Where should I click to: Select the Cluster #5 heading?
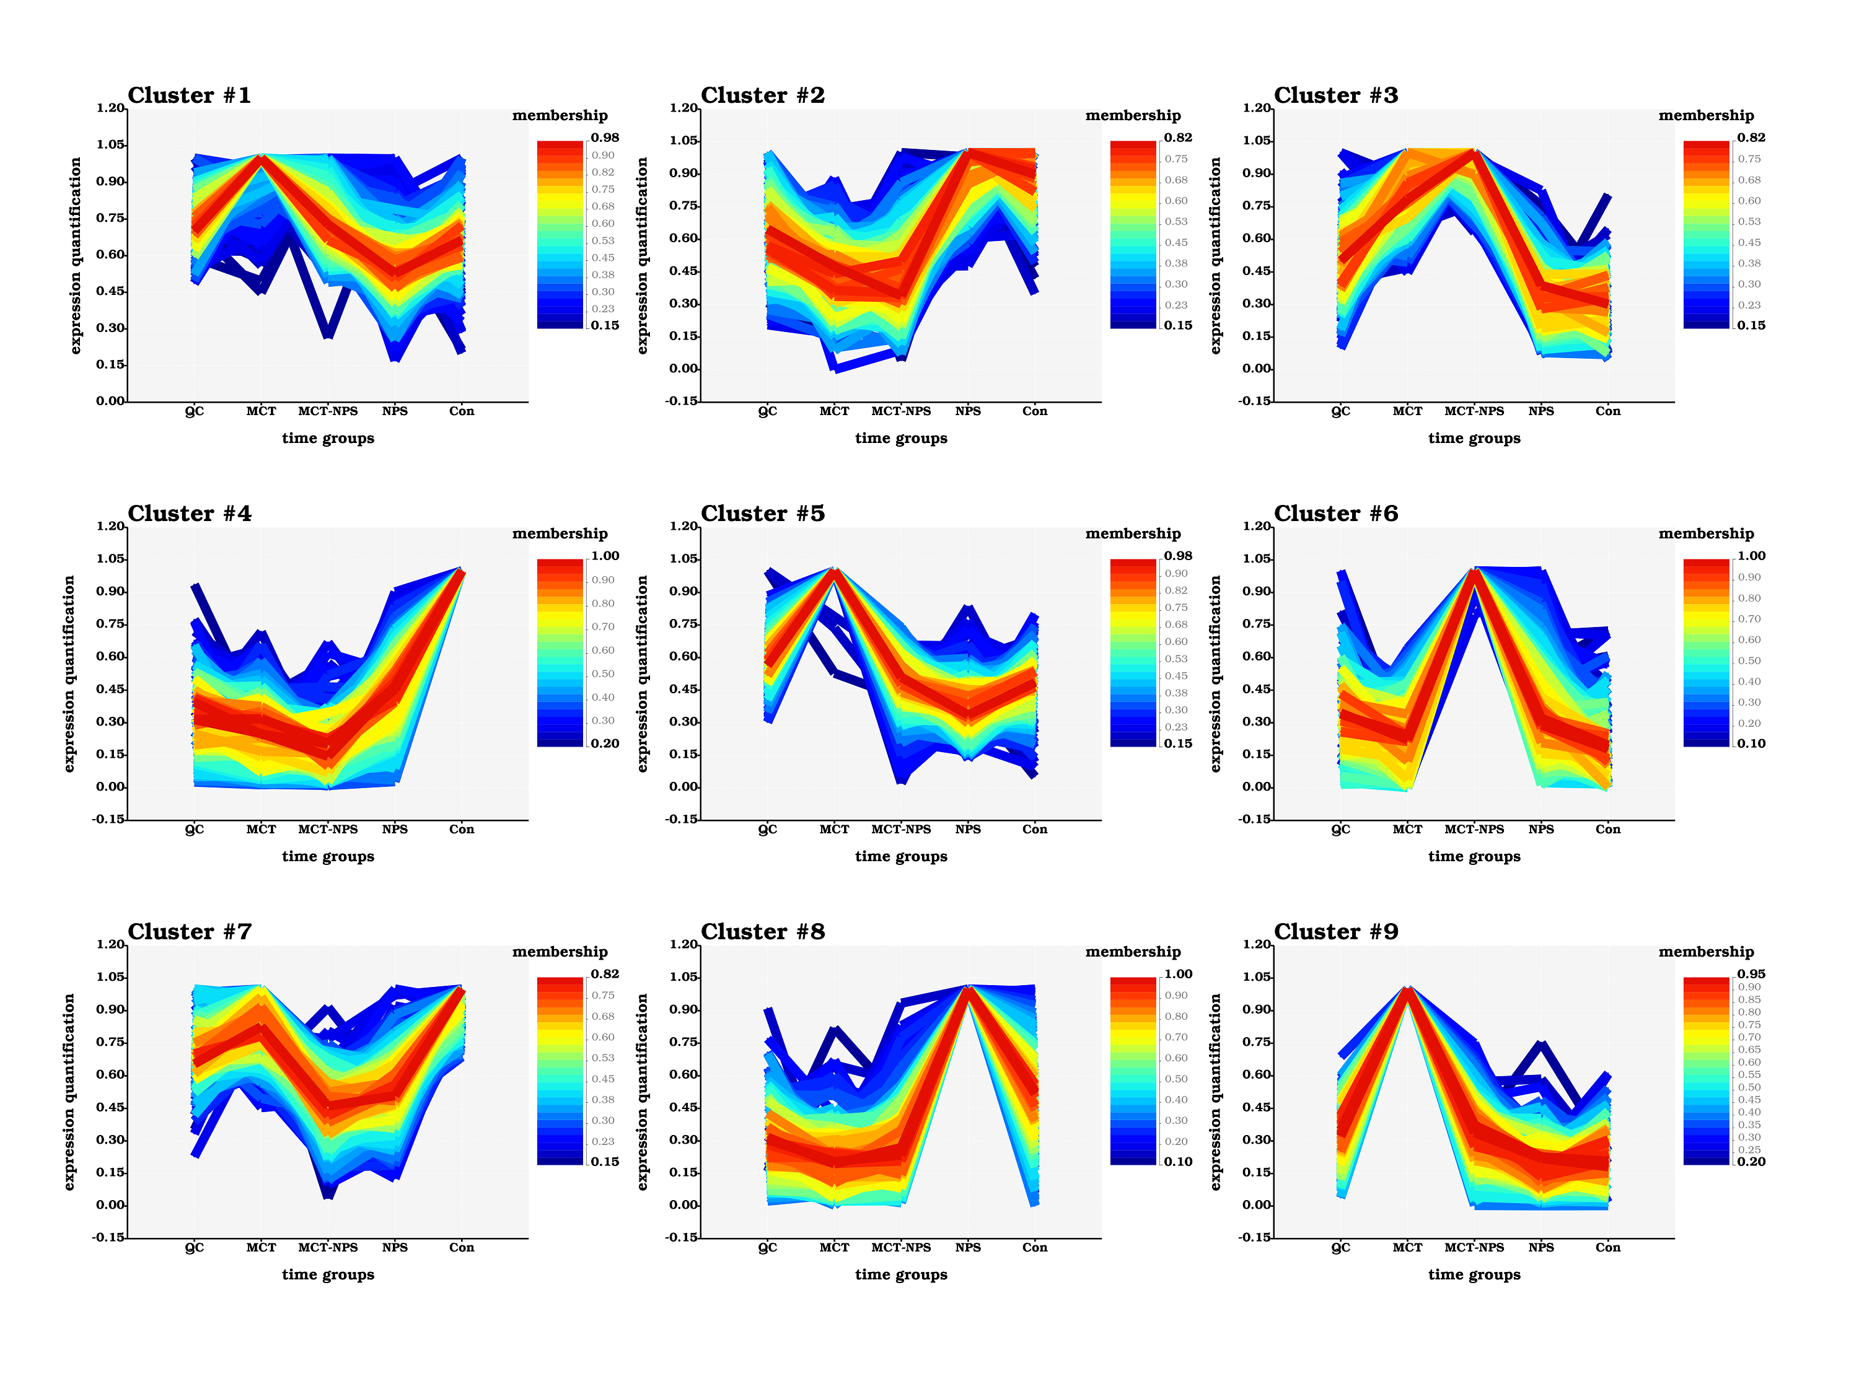(762, 514)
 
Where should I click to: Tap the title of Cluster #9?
(1335, 932)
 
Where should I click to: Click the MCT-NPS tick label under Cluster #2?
(901, 411)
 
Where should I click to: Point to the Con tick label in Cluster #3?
(1607, 411)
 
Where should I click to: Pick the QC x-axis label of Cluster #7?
(194, 1248)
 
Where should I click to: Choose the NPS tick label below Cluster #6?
(1541, 830)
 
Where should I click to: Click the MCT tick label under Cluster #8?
(835, 1248)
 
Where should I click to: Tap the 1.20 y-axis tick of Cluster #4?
(110, 526)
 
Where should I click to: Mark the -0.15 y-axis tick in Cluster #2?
(682, 401)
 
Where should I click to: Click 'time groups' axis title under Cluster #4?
(328, 856)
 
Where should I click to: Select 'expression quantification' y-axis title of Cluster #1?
(76, 255)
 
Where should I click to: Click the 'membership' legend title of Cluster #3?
(1706, 115)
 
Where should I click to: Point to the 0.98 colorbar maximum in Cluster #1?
(604, 138)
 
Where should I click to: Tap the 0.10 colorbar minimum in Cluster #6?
(1751, 743)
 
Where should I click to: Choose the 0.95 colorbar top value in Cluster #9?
(1751, 974)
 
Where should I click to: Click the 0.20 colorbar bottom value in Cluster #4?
(604, 743)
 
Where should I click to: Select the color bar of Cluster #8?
(1133, 1071)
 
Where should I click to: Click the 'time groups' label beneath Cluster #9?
(1474, 1274)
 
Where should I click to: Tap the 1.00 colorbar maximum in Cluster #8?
(1177, 974)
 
